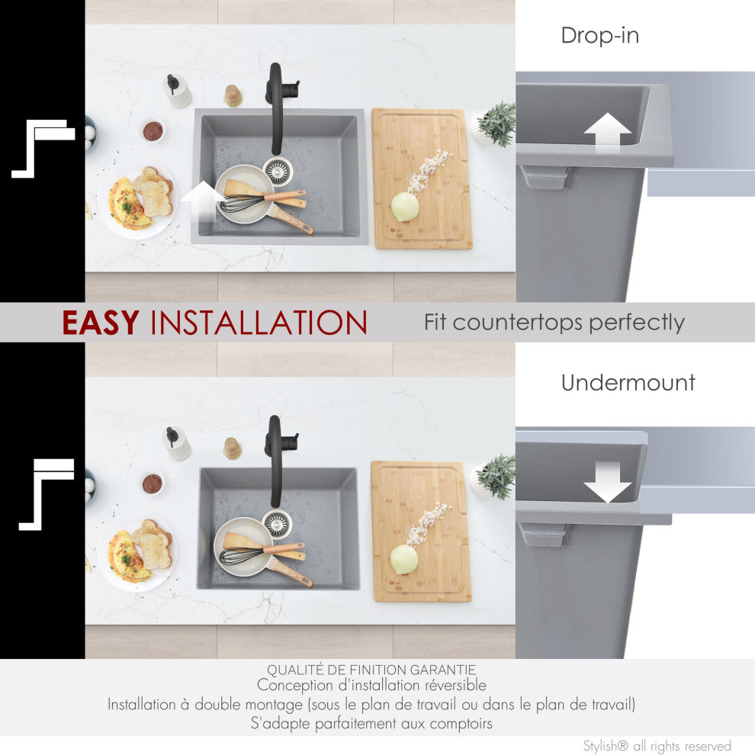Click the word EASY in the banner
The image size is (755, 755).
[x=101, y=322]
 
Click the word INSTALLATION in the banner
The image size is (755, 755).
[x=259, y=322]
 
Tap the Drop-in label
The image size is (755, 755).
[x=600, y=35]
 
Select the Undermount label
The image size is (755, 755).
[x=628, y=382]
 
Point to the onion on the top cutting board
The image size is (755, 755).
[x=405, y=207]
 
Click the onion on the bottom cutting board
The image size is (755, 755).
[x=404, y=560]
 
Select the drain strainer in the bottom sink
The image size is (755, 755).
[x=278, y=523]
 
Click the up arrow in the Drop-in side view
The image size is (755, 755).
[x=607, y=133]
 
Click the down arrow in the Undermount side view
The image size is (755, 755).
[x=607, y=481]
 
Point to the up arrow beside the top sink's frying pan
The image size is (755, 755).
[x=203, y=202]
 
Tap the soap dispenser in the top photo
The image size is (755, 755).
[x=177, y=91]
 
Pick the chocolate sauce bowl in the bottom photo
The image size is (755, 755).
[x=153, y=484]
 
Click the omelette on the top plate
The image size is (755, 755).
[x=127, y=204]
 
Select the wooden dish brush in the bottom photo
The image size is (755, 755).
[x=232, y=448]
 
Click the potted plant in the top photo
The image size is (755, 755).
[x=495, y=124]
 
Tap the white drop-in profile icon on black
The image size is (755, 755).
[x=43, y=148]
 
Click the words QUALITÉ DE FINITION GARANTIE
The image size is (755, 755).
[x=371, y=670]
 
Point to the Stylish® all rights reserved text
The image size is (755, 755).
[x=657, y=746]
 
